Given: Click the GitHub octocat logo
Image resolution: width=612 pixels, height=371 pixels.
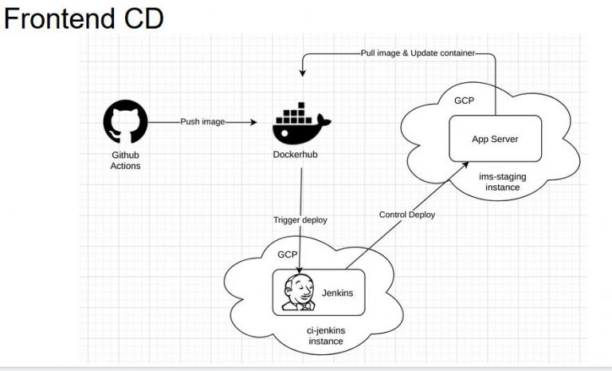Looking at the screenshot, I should point(126,122).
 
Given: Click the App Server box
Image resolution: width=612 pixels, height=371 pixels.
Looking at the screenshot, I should point(495,139).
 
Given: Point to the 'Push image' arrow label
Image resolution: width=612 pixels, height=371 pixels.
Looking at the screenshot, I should point(202,122).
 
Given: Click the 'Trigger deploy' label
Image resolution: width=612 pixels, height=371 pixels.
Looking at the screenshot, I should point(300,219).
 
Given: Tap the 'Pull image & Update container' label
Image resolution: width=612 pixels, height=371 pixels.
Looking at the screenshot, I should point(418,53).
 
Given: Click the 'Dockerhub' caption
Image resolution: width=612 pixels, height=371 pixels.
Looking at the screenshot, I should point(301,154).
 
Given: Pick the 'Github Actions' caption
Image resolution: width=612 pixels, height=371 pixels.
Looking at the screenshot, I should point(126,160).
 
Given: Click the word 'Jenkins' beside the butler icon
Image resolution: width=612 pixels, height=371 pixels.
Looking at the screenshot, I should point(337,294).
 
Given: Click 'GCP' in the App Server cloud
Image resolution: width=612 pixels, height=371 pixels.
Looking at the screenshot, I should point(465,101).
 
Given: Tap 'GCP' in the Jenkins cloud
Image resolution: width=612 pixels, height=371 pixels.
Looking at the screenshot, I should point(287,255).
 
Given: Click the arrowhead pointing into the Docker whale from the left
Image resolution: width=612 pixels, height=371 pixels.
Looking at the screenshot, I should point(253,122).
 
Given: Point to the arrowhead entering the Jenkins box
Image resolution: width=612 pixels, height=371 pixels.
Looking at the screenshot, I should point(300,269).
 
